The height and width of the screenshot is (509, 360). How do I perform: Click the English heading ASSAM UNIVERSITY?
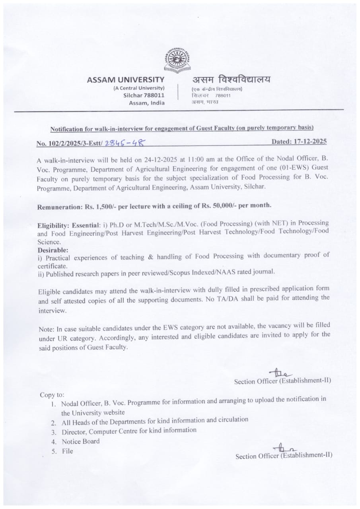pyautogui.click(x=125, y=80)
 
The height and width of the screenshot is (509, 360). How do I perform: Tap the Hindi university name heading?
pyautogui.click(x=231, y=80)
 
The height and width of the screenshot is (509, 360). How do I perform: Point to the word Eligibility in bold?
pyautogui.click(x=53, y=225)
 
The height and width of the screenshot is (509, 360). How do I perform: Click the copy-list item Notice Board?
pyautogui.click(x=81, y=441)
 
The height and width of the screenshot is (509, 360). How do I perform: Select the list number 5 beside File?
pyautogui.click(x=53, y=451)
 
